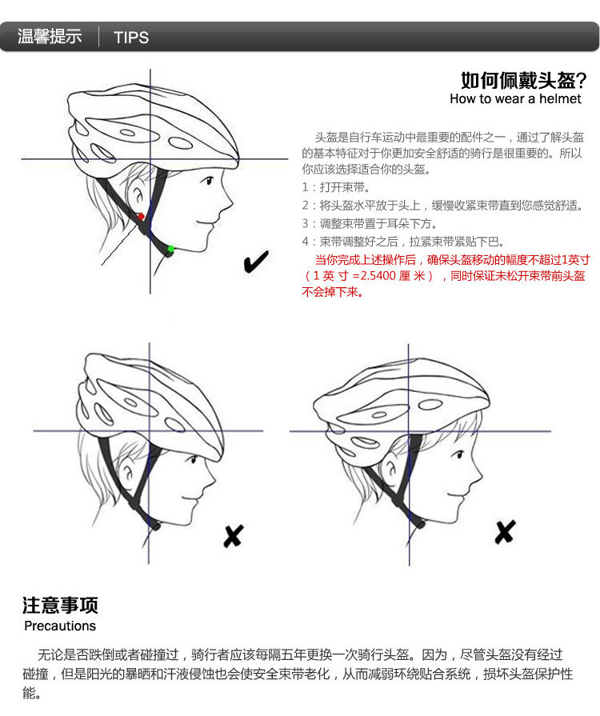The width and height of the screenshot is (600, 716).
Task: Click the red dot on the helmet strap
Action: coord(141,217)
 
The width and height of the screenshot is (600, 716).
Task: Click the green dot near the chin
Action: coord(170,249)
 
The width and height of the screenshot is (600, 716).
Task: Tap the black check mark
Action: coord(256,262)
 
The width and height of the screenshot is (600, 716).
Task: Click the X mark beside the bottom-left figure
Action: coord(234,536)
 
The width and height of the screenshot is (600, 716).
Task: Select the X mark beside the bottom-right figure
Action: coord(505,532)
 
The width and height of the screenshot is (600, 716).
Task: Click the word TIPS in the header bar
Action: coord(131,38)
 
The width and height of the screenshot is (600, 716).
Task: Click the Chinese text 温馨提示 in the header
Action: coord(50,37)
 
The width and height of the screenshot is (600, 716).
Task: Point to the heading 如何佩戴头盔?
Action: coord(523,81)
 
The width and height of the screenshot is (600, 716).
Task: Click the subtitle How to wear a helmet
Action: coord(515,98)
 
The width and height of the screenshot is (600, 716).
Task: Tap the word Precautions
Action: coord(60,626)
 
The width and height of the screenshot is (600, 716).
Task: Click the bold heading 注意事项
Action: coord(60,605)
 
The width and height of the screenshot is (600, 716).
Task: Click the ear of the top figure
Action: coord(136,193)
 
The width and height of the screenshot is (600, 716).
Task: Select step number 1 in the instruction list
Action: coord(305,187)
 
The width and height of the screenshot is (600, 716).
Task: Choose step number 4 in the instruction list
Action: coord(306,242)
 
